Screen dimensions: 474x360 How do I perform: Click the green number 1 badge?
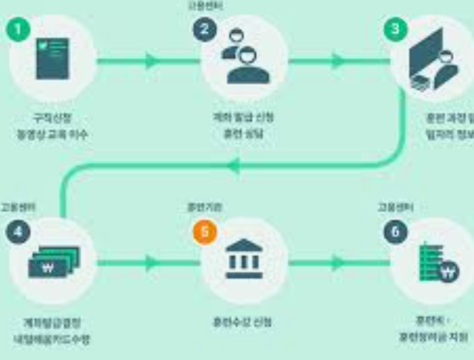click(18, 29)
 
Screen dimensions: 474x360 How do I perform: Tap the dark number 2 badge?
click(204, 29)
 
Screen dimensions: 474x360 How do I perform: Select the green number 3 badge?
click(395, 29)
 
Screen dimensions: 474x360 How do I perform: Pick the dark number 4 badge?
click(18, 234)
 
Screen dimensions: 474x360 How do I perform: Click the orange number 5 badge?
click(204, 234)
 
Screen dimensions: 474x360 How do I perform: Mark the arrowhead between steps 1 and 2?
click(152, 61)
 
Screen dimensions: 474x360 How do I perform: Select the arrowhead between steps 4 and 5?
click(152, 262)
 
